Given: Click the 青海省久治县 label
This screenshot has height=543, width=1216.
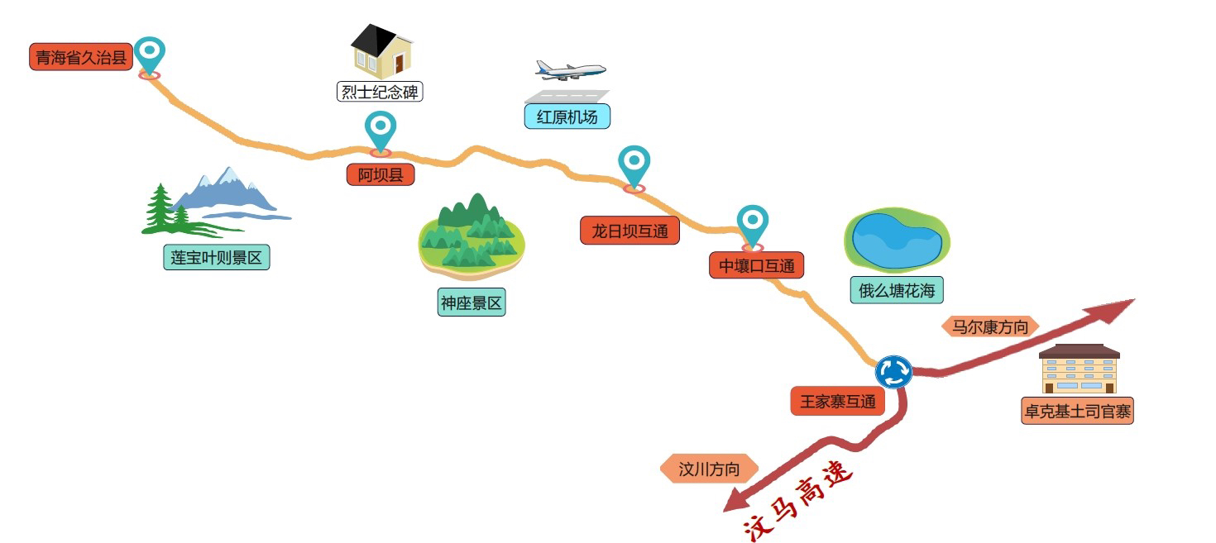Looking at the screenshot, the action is click(x=81, y=57).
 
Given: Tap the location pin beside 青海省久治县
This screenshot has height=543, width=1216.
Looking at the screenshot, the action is click(x=149, y=56).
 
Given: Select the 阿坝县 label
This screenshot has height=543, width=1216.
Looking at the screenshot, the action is click(x=381, y=174).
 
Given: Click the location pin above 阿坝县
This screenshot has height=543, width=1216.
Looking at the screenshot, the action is click(x=381, y=131).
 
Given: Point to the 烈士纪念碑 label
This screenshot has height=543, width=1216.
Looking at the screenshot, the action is click(x=380, y=91).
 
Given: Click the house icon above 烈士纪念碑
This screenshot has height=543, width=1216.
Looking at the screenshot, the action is click(x=382, y=50).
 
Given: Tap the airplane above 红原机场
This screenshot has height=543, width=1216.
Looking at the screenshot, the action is click(x=570, y=70).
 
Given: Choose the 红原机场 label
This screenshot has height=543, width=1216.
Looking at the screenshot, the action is click(x=567, y=117).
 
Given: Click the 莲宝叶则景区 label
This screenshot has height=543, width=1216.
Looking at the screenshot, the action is click(x=217, y=257).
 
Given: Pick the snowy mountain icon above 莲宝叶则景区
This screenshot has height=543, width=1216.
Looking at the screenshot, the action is click(x=216, y=202).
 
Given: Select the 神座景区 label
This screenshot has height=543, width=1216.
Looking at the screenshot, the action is click(x=472, y=302).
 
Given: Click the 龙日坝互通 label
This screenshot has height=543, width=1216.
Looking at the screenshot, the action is click(x=630, y=231).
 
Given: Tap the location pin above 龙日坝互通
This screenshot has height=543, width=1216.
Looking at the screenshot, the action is click(x=634, y=166).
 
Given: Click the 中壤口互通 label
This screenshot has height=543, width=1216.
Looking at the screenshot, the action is click(x=757, y=265).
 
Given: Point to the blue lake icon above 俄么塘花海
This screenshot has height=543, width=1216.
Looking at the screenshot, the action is click(x=897, y=241).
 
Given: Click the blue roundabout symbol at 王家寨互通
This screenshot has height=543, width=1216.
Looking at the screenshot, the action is click(x=893, y=372).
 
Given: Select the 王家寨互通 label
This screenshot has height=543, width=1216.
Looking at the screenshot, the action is click(x=838, y=402).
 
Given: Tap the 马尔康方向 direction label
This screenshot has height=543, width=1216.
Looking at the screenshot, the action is click(x=990, y=326).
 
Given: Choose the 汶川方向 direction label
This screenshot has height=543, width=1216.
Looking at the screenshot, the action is click(x=709, y=469).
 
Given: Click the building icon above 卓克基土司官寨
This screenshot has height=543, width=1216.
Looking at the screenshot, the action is click(x=1080, y=369).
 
